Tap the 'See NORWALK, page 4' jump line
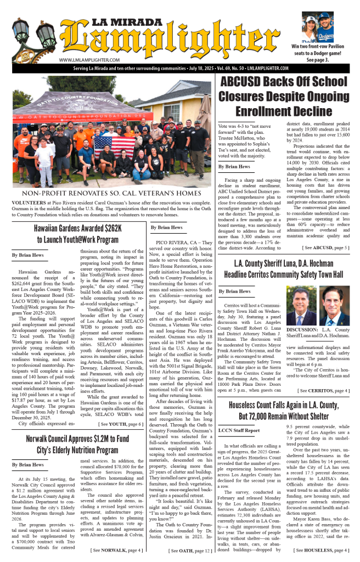tap(116, 549)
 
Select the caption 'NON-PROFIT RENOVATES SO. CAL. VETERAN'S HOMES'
tap(109, 193)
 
